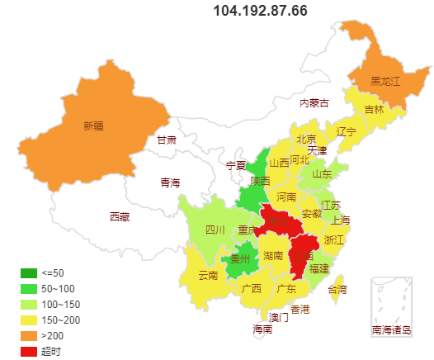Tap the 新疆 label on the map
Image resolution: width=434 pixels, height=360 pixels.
point(94,126)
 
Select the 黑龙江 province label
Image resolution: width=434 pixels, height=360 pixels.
point(384,81)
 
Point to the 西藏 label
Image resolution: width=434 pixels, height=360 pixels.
point(120,217)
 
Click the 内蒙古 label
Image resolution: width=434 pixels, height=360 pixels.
point(314,103)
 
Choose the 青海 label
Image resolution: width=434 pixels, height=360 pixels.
point(170,182)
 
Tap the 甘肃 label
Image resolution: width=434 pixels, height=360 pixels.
point(167,140)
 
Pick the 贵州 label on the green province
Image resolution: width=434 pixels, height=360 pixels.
point(240,259)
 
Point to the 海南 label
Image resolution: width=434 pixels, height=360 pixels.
point(262,329)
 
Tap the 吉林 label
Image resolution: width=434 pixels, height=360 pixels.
point(375,110)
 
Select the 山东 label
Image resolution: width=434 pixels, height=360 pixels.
point(322,174)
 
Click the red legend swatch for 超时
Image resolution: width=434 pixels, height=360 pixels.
point(28,351)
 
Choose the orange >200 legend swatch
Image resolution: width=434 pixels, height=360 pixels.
point(28,335)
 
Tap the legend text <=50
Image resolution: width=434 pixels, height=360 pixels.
point(52,273)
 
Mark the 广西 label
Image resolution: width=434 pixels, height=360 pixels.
point(252,289)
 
